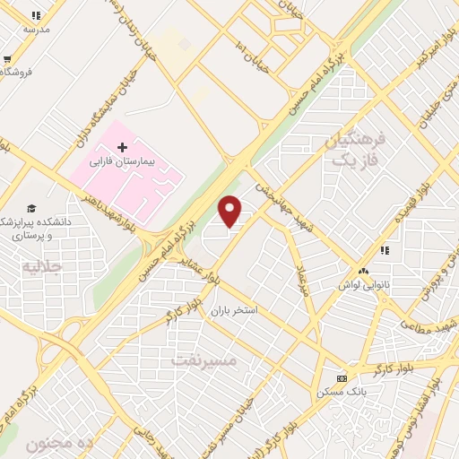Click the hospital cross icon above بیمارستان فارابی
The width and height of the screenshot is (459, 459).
123,146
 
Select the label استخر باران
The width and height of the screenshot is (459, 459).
234,311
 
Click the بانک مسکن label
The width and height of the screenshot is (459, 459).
341,393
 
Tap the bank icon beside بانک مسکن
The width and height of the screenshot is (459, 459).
341,378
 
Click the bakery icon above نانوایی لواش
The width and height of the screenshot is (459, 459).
363,271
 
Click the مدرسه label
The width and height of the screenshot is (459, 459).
36,30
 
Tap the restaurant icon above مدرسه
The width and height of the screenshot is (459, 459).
36,15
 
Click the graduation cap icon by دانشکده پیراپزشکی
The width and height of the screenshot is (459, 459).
31,208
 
